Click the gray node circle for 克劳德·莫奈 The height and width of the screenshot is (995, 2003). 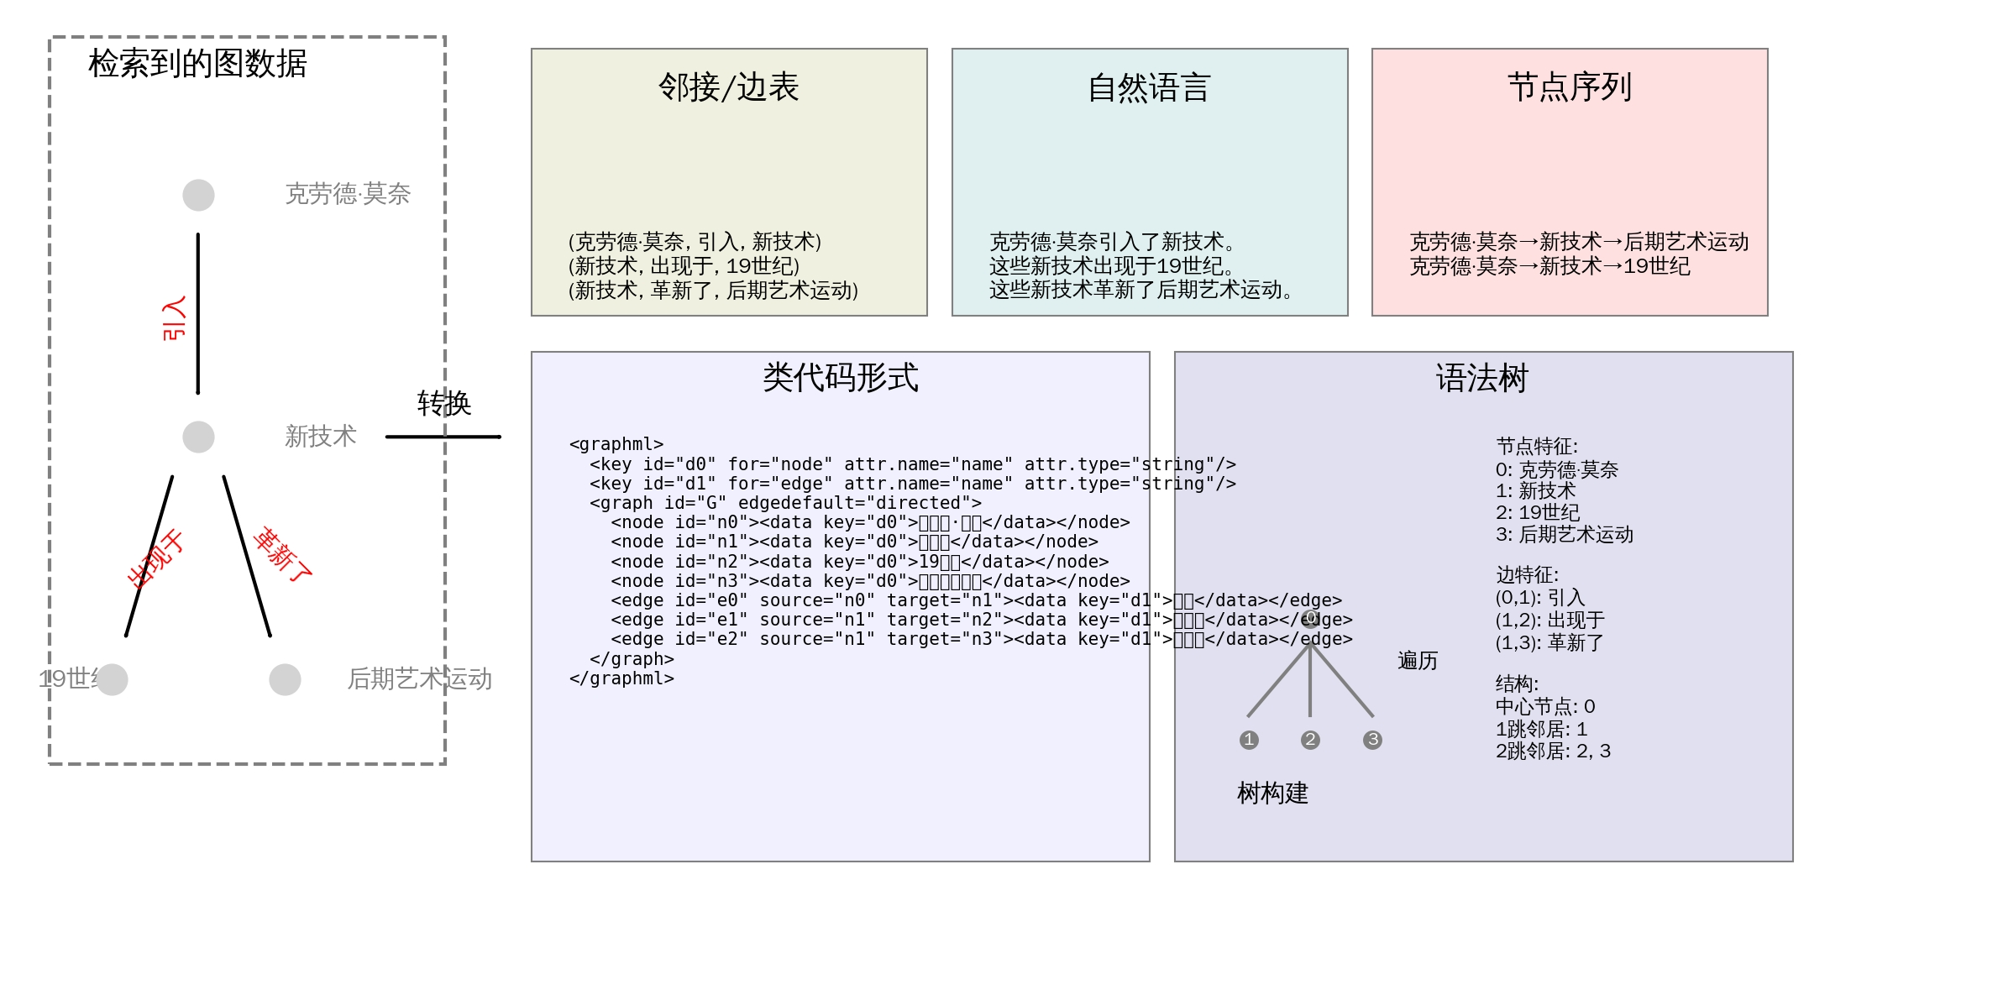tap(198, 195)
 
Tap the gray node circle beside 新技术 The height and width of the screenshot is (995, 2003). tap(198, 437)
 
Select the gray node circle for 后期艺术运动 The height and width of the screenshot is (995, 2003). tap(285, 679)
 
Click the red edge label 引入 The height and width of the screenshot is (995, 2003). tap(174, 318)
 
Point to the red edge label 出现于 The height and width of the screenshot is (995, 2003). tap(155, 559)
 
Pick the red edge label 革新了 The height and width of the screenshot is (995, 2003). tap(283, 555)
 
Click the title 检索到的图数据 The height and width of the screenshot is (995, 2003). tap(197, 64)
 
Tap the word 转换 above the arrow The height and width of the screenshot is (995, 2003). tap(444, 404)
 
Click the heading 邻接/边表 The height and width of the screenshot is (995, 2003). tap(728, 87)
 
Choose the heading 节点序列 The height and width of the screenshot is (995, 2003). tap(1569, 87)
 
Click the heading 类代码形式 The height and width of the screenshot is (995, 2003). tap(840, 378)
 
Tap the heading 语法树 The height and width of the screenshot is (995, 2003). tap(1482, 378)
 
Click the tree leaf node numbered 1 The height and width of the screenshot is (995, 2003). tap(1249, 740)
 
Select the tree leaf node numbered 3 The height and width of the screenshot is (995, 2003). tap(1372, 740)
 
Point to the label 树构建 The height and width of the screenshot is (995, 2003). tap(1272, 793)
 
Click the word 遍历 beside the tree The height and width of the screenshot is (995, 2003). tap(1418, 661)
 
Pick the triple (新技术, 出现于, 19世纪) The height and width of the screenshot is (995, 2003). tap(684, 266)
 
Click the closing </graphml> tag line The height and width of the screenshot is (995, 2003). tap(621, 678)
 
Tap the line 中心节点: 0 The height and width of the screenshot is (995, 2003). tap(1544, 707)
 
